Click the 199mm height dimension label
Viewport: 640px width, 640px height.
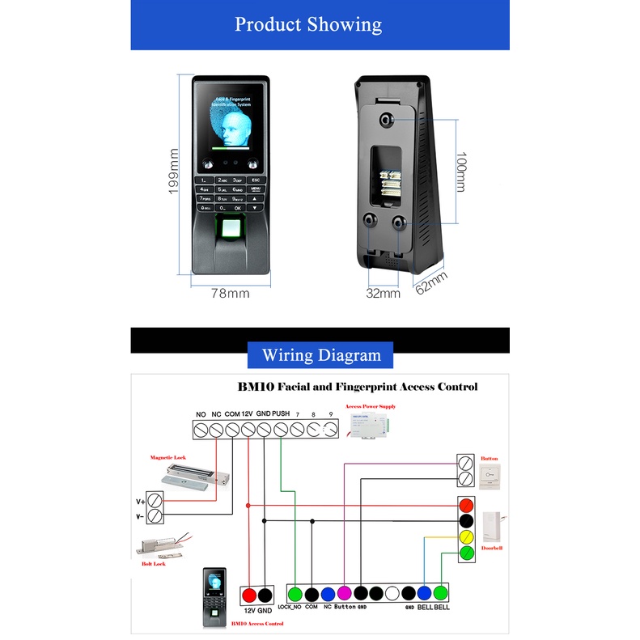coord(172,172)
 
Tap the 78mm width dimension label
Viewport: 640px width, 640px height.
coord(231,294)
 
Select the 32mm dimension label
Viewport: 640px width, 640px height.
coord(383,294)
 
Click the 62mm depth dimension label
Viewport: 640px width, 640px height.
coord(430,284)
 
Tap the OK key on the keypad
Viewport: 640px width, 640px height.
coord(238,207)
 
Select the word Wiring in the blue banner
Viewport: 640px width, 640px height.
coord(290,355)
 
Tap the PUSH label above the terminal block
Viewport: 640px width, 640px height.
coord(281,414)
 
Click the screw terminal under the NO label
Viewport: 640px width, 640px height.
coord(201,430)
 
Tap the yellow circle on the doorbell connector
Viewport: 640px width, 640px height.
coord(466,536)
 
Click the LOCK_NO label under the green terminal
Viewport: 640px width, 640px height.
coord(290,607)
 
